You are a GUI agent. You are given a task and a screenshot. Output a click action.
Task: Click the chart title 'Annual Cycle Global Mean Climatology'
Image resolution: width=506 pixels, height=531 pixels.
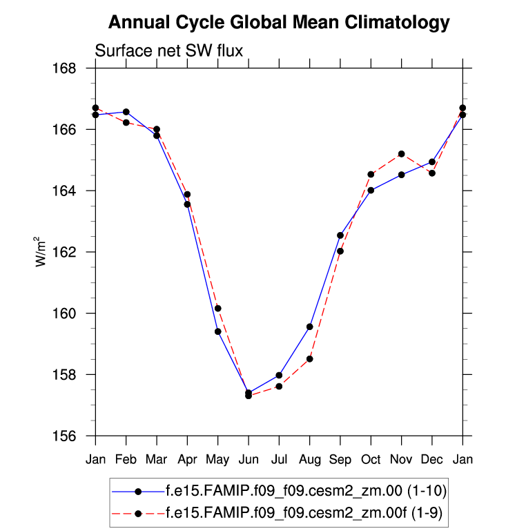tap(279, 23)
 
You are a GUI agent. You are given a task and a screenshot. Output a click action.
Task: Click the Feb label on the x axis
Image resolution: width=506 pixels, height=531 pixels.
tap(126, 460)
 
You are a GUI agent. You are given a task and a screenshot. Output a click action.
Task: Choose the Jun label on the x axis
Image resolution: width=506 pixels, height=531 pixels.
tap(249, 460)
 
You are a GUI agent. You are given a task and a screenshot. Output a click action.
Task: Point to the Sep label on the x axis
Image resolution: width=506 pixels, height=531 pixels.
tap(340, 460)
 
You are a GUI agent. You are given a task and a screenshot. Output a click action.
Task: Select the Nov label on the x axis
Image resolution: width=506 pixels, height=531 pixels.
tap(401, 460)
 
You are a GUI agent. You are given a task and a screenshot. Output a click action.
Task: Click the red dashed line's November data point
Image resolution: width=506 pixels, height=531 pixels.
tap(401, 153)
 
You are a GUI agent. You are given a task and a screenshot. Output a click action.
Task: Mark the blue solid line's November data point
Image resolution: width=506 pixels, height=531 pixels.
tap(401, 175)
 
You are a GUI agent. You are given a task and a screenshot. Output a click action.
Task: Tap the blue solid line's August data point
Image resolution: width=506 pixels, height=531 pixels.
tap(310, 327)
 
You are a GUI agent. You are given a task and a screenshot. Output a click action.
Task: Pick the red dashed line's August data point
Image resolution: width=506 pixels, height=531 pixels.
tap(310, 358)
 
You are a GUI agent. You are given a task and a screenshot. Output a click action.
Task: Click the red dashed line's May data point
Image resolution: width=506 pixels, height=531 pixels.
tap(217, 308)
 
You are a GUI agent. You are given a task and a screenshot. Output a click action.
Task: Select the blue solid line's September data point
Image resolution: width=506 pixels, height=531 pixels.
tap(340, 235)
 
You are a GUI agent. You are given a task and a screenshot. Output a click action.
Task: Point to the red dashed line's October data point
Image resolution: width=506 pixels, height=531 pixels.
tap(371, 175)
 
